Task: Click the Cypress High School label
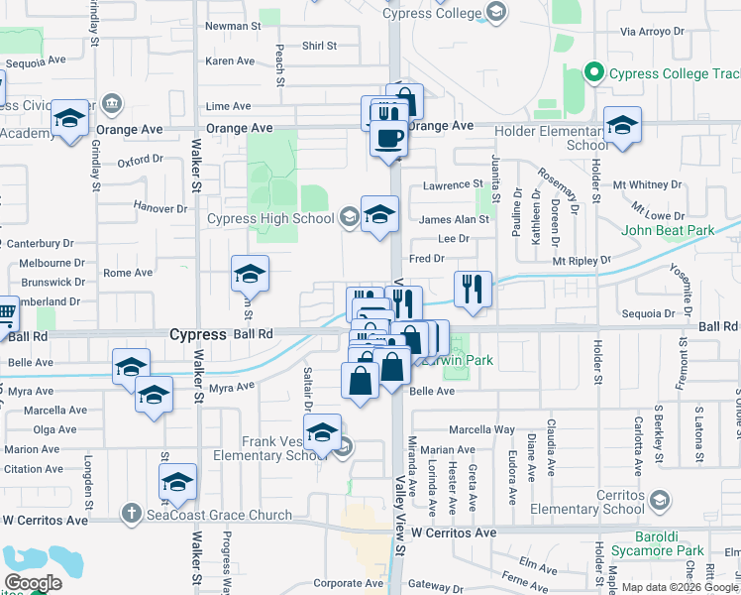click(270, 219)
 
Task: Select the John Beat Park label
click(668, 231)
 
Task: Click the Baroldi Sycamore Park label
click(650, 550)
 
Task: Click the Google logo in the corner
click(33, 583)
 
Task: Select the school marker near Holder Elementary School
click(621, 126)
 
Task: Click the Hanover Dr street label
click(160, 208)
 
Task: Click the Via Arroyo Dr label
click(652, 32)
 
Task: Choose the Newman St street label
click(230, 26)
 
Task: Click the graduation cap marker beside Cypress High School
click(379, 214)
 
